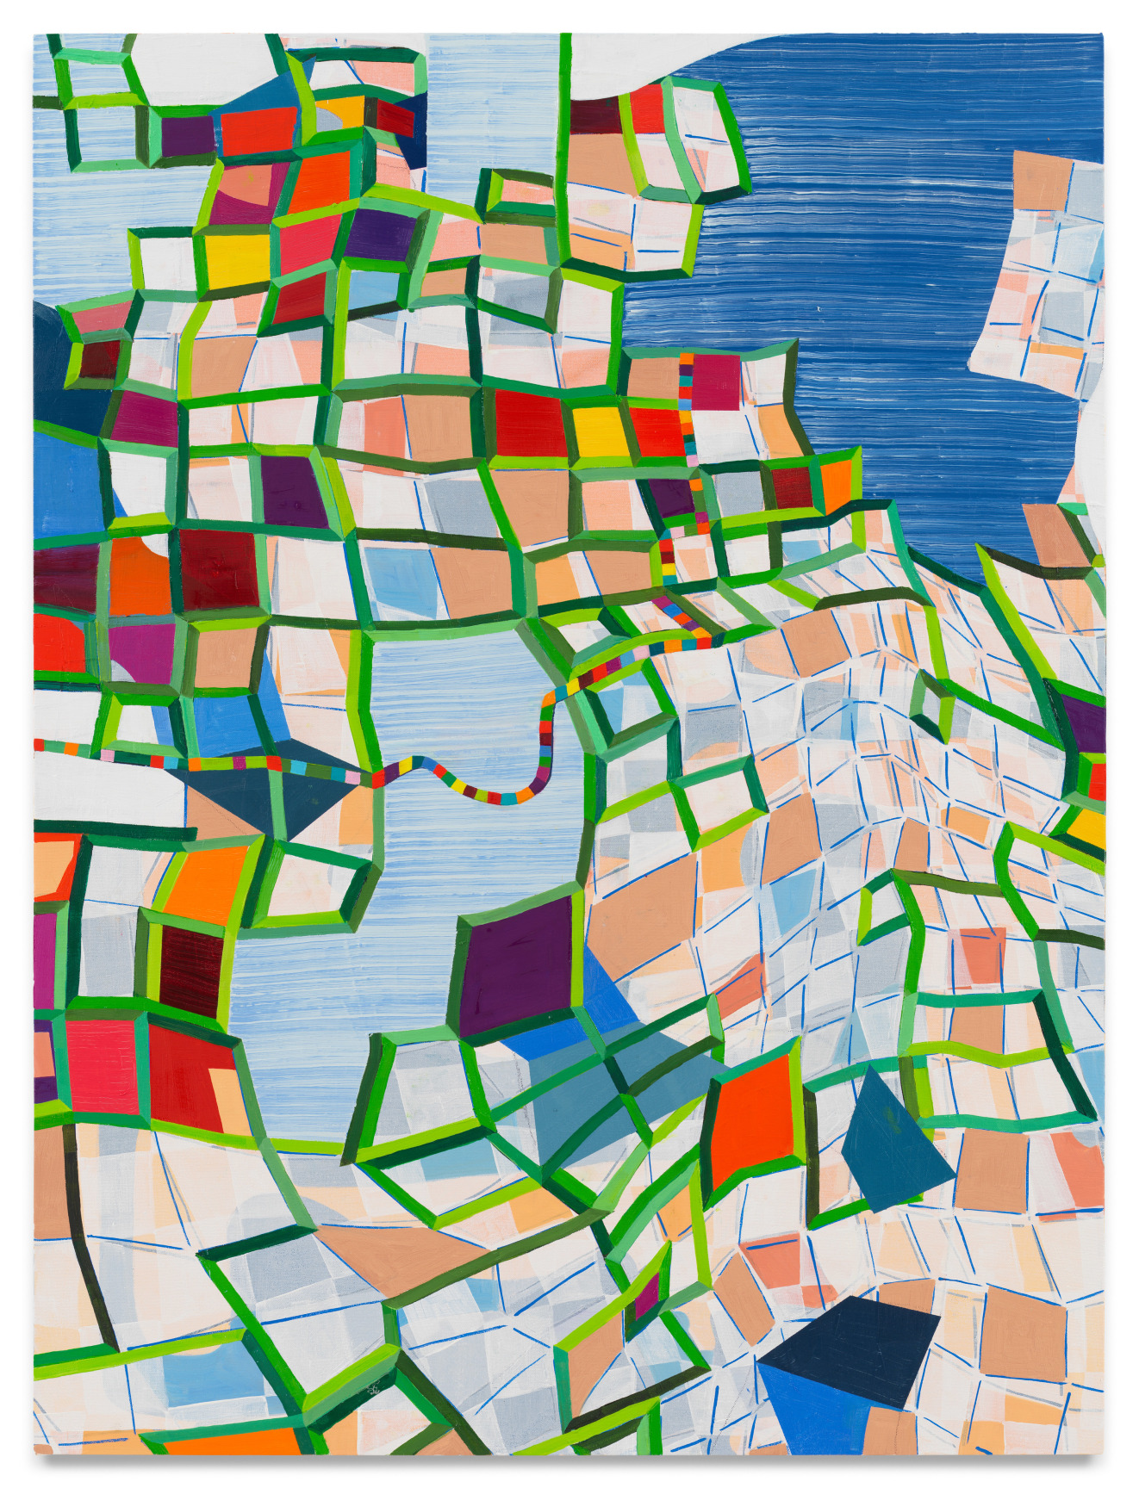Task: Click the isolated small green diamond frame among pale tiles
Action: coord(930,706)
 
